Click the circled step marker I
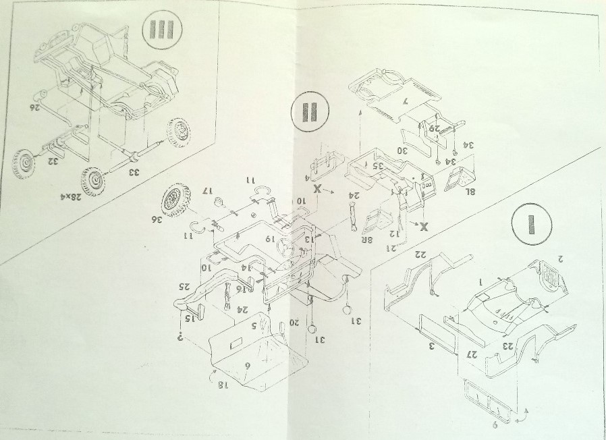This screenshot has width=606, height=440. [530, 225]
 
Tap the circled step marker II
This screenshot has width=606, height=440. [310, 113]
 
